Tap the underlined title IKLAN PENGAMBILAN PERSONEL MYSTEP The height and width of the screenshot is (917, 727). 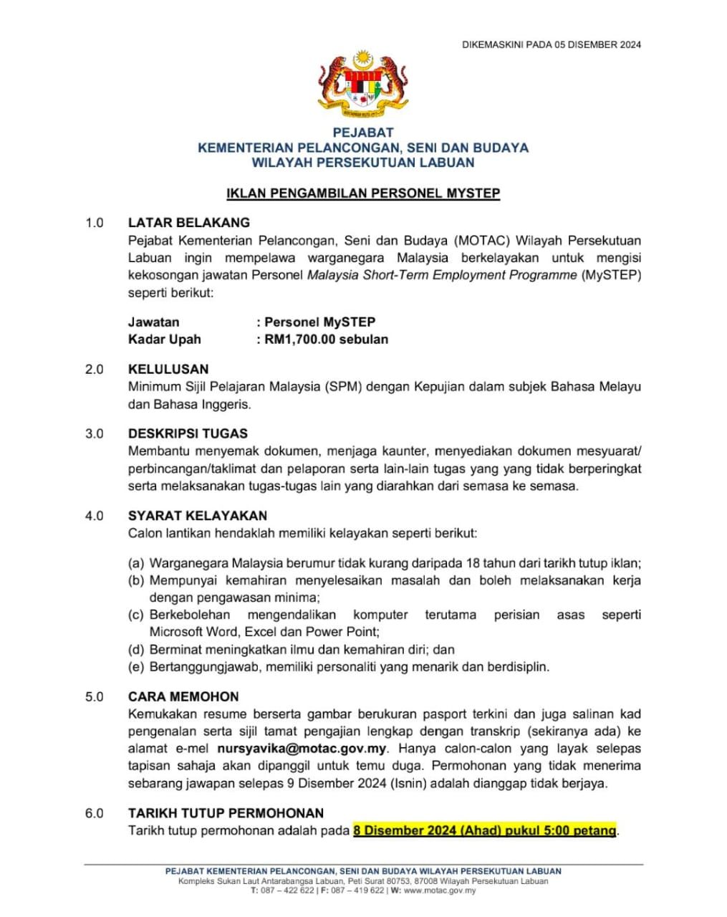362,193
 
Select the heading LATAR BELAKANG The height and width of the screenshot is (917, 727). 188,223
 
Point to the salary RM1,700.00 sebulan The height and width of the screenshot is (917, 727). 326,339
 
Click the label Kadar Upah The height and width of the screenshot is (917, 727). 164,339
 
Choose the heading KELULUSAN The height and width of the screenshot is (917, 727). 168,369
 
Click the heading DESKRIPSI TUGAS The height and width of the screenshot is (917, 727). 188,433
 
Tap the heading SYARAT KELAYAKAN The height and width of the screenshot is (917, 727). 197,515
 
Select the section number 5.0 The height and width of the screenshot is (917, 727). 94,696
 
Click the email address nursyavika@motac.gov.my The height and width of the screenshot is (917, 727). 302,749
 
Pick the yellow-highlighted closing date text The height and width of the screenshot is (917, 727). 484,830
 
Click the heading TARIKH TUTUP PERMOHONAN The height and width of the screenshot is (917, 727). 226,813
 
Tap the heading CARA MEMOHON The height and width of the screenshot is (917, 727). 183,696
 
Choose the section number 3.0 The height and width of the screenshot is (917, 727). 94,433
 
